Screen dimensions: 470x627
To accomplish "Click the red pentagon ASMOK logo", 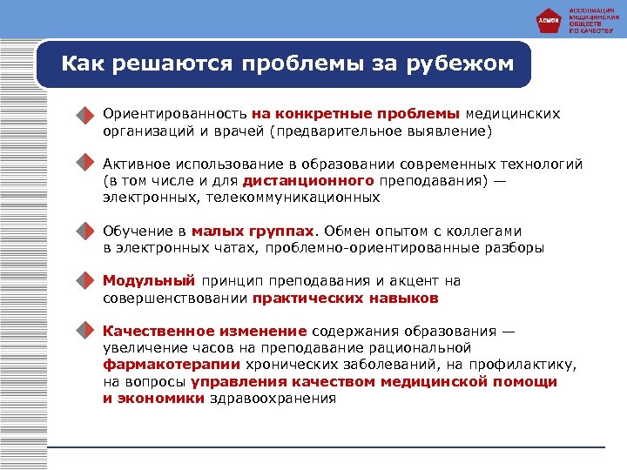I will (548, 19).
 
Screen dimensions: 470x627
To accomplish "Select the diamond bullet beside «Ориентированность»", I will (83, 116).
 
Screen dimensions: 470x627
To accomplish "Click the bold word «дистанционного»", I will (309, 181).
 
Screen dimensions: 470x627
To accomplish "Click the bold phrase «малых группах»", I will (253, 232).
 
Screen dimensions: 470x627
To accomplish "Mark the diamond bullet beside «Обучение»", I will (83, 232).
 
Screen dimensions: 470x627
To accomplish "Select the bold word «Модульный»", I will (148, 281).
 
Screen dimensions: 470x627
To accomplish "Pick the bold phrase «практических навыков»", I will (346, 298).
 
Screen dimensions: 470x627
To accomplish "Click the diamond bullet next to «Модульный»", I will (83, 282).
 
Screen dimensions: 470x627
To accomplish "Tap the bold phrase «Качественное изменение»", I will (205, 332).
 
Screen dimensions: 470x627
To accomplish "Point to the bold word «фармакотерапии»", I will (172, 365).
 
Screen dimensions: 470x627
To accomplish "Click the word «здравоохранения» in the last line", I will (273, 398).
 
